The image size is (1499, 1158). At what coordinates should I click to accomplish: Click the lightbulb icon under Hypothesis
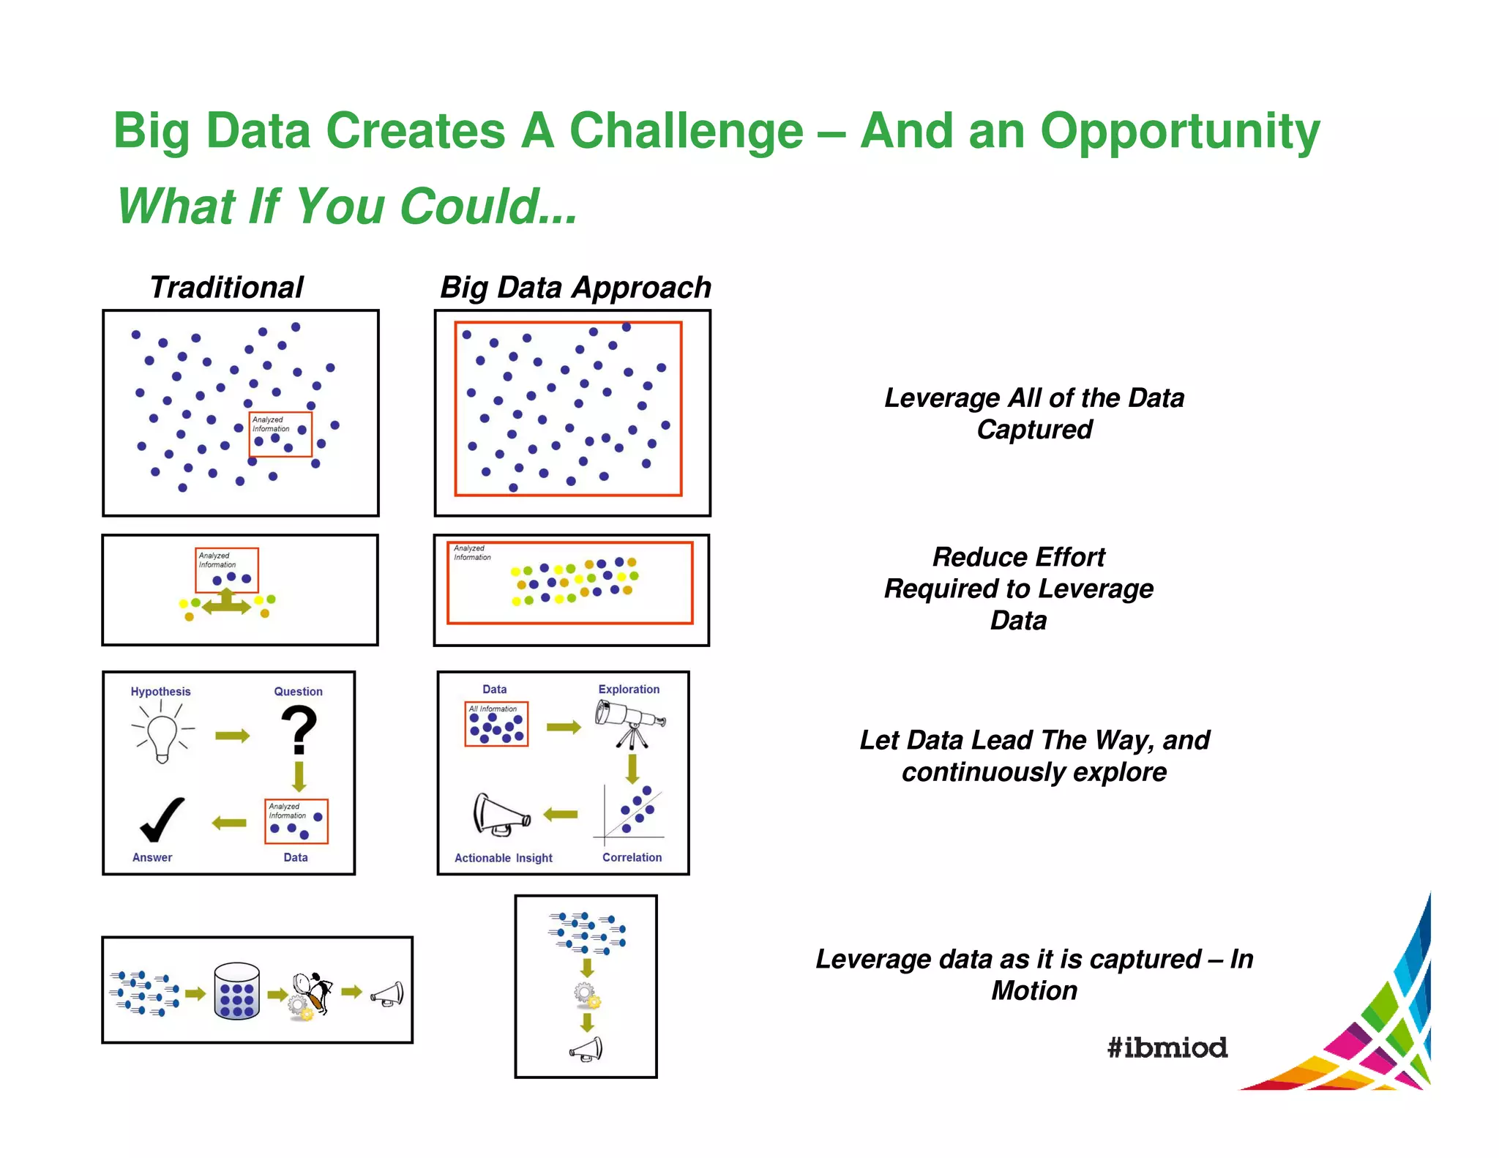pos(162,736)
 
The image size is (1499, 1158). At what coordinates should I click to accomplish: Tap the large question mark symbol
pos(299,729)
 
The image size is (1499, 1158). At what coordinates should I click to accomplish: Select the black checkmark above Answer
pos(162,820)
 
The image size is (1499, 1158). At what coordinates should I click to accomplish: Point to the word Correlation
pos(632,857)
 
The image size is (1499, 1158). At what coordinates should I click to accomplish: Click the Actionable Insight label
pos(503,858)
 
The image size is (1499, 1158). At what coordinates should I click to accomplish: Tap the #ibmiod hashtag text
pos(1167,1047)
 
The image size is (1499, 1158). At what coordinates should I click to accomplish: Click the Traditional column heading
pos(226,287)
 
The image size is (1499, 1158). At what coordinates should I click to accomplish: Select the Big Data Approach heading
pos(575,287)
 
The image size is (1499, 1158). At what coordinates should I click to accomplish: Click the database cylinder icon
pos(236,991)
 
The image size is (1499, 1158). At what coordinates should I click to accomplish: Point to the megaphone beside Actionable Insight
pos(501,815)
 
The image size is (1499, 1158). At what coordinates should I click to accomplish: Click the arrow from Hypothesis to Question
pos(233,736)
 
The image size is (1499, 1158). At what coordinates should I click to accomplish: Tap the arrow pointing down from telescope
pos(632,769)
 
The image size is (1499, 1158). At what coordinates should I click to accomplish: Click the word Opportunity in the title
pos(1180,132)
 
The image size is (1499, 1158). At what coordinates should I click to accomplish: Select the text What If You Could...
pos(347,206)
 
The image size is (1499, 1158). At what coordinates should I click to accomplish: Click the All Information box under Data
pos(496,724)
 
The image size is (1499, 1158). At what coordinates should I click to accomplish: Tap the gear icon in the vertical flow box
pos(586,995)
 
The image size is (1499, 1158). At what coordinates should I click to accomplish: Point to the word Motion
pos(1033,990)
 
